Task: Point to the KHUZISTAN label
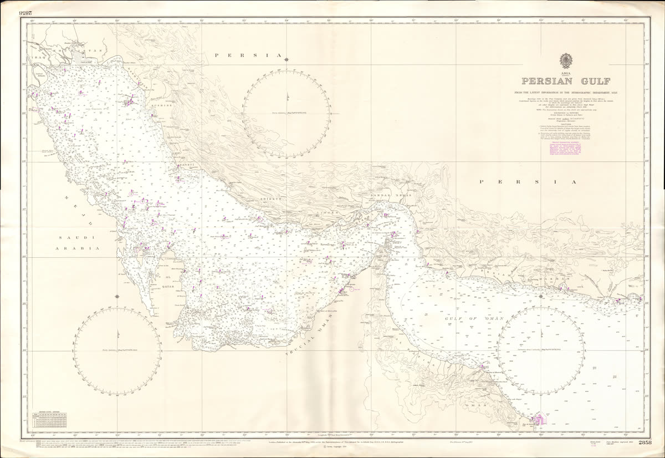83,50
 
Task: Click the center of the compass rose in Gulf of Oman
541,350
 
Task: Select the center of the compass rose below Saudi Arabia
117,350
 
